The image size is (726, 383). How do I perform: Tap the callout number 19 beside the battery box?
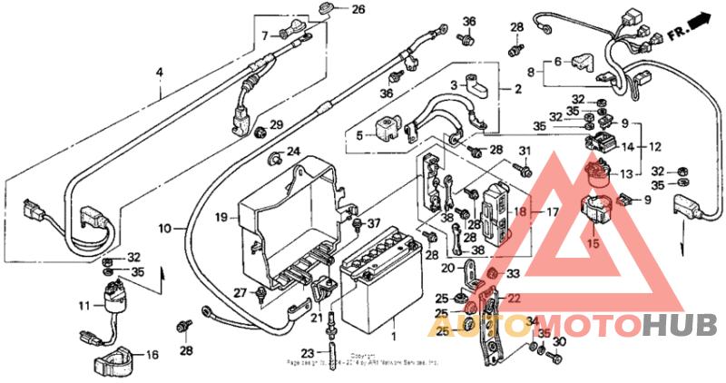click(221, 218)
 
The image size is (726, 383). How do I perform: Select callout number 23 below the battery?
click(307, 354)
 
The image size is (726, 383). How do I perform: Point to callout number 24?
click(293, 151)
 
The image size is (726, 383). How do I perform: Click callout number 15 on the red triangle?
click(594, 243)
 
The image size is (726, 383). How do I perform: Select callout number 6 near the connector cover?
click(560, 62)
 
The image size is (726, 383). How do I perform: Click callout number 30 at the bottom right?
click(559, 341)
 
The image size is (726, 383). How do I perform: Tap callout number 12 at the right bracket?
click(655, 145)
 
